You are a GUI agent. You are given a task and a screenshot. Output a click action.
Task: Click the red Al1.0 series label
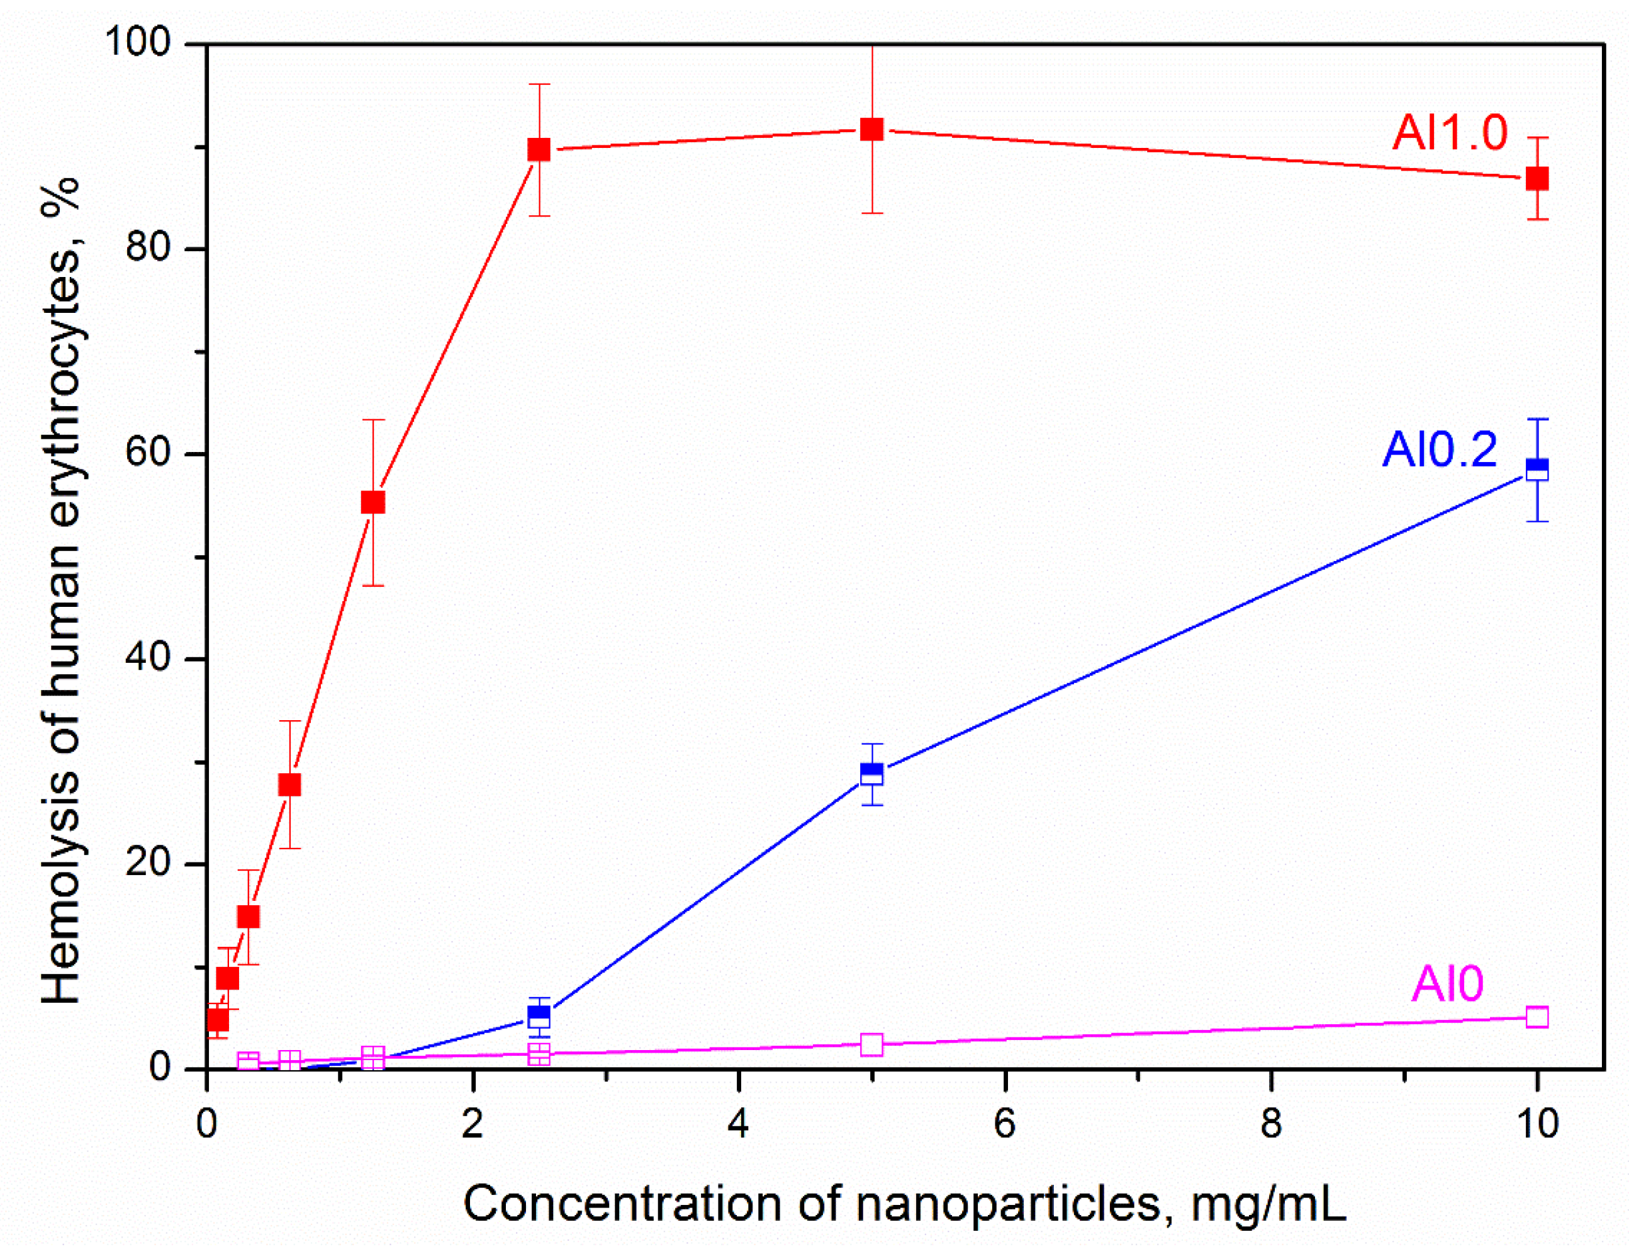[x=1449, y=133]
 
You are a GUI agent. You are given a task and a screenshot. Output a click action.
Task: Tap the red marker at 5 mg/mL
[x=871, y=129]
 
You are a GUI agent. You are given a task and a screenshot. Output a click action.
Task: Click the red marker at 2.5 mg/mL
[x=539, y=149]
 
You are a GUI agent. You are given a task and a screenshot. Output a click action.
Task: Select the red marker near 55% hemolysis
[x=373, y=502]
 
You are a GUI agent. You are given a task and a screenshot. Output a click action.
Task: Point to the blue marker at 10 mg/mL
[x=1537, y=469]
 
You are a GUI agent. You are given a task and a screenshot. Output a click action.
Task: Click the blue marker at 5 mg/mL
[x=871, y=774]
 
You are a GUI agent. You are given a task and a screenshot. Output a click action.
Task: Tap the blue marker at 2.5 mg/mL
[x=539, y=1016]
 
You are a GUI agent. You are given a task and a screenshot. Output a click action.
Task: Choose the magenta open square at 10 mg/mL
[x=1537, y=1017]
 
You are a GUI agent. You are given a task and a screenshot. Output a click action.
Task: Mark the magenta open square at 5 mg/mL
[x=871, y=1044]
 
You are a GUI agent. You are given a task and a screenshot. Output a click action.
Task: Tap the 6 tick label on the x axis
[x=1005, y=1123]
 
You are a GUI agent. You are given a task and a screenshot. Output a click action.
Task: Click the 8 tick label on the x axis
[x=1271, y=1123]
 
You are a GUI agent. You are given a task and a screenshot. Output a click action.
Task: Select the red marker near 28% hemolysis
[x=290, y=785]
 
